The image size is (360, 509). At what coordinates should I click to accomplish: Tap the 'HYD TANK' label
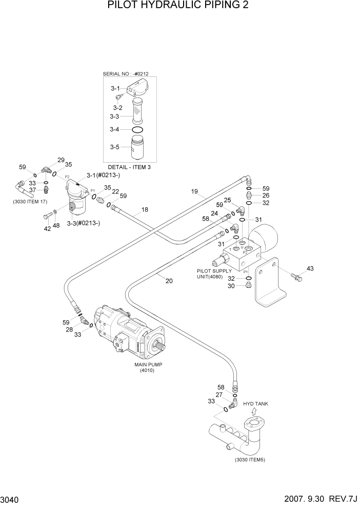(255, 404)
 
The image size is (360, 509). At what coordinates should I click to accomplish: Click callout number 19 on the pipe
(194, 192)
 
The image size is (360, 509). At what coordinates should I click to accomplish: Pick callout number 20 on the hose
(169, 280)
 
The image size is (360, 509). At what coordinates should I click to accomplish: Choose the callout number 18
(145, 210)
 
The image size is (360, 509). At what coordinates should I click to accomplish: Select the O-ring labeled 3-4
(137, 130)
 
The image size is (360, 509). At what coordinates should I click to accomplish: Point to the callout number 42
(47, 229)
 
